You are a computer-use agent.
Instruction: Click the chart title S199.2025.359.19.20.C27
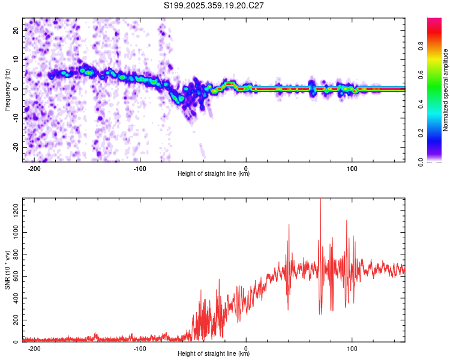point(214,5)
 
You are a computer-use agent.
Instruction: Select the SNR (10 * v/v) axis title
point(7,270)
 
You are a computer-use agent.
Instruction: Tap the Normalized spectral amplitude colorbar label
point(446,90)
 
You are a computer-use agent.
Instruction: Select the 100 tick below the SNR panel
point(352,348)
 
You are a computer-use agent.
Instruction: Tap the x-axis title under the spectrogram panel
point(214,174)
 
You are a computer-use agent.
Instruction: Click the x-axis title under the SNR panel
point(214,354)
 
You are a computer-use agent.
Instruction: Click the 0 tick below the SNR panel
point(246,348)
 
